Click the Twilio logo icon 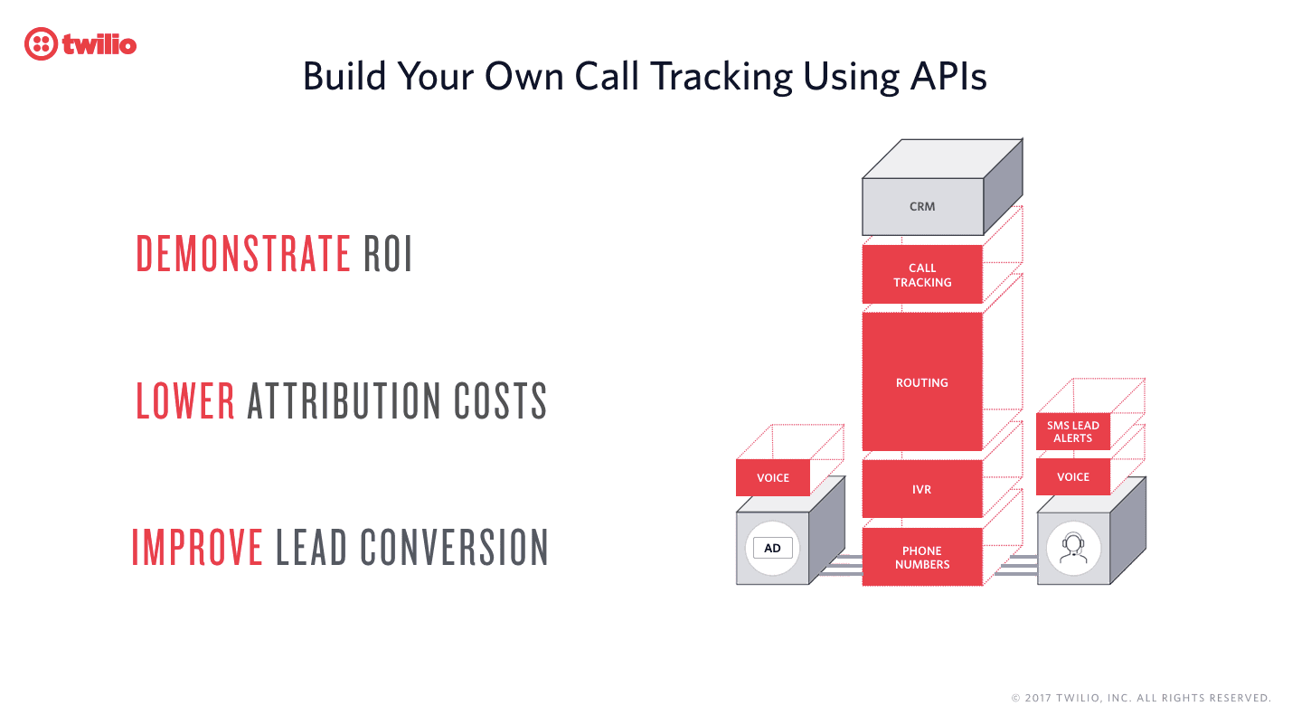point(41,43)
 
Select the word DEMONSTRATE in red point(243,254)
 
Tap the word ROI point(388,254)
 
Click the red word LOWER point(185,400)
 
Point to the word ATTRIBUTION point(344,400)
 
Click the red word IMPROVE point(197,547)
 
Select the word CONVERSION point(455,547)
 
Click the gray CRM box point(922,206)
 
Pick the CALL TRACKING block point(922,275)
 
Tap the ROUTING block point(922,382)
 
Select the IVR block point(922,489)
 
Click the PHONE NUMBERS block point(922,557)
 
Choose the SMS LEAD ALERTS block point(1072,432)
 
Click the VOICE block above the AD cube point(772,477)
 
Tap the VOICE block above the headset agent point(1072,476)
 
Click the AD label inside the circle point(772,548)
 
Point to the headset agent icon point(1072,547)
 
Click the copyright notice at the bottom point(1141,698)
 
